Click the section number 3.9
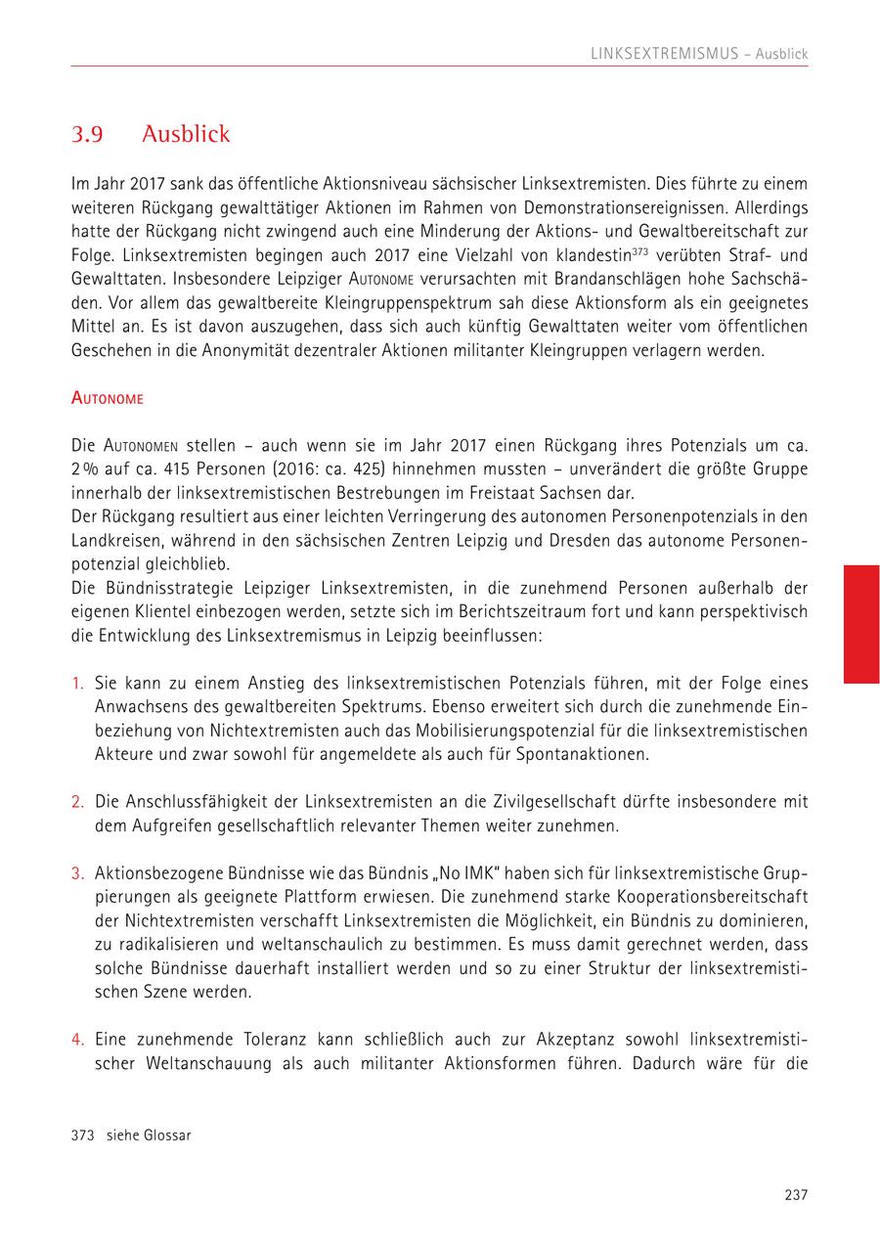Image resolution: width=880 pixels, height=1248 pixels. [x=87, y=134]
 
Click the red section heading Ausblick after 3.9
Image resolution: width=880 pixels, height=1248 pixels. [x=186, y=134]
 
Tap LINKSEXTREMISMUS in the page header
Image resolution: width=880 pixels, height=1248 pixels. [x=665, y=54]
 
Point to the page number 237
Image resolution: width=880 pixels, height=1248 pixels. [x=796, y=1193]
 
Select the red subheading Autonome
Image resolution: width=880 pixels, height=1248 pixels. [x=108, y=398]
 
